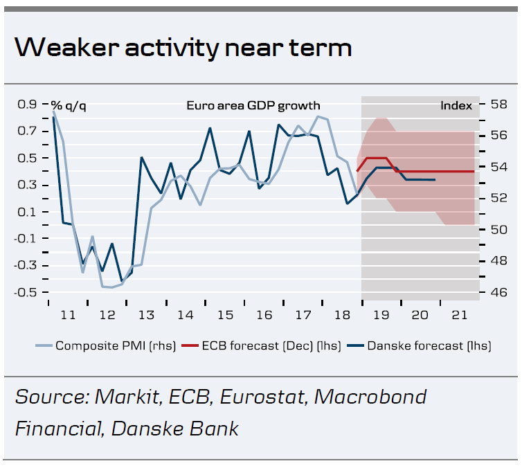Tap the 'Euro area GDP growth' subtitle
[x=253, y=105]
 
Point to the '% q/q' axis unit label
[x=69, y=105]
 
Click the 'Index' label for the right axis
[x=456, y=105]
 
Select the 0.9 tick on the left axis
[x=27, y=105]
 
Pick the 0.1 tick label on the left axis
[x=27, y=212]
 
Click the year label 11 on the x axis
[x=68, y=314]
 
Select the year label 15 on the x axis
[x=224, y=314]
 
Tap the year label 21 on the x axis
[x=459, y=314]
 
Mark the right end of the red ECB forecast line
[x=474, y=171]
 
